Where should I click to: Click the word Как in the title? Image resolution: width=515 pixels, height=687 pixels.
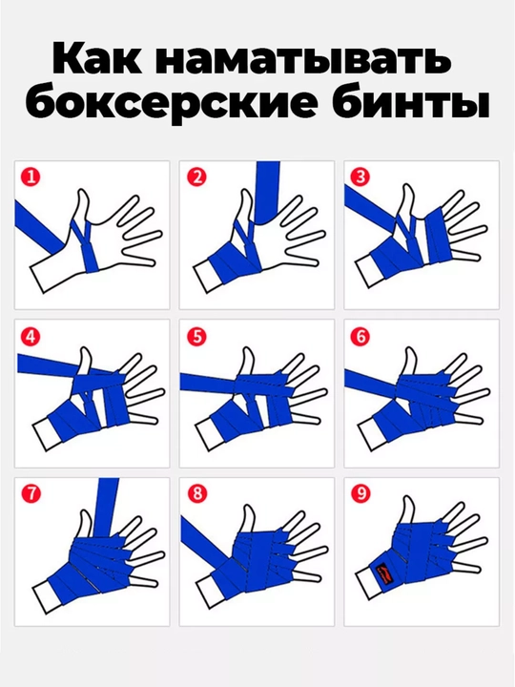pyautogui.click(x=96, y=59)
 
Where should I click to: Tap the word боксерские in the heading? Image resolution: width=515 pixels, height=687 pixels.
pyautogui.click(x=172, y=103)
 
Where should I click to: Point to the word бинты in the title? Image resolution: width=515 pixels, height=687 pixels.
pyautogui.click(x=410, y=102)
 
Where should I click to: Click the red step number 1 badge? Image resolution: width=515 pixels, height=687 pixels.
pyautogui.click(x=31, y=177)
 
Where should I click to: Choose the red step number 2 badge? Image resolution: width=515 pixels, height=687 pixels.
pyautogui.click(x=196, y=177)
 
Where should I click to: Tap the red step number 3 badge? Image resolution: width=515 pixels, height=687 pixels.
pyautogui.click(x=360, y=177)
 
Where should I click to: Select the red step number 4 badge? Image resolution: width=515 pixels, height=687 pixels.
pyautogui.click(x=31, y=337)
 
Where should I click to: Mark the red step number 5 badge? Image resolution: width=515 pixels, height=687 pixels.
pyautogui.click(x=196, y=337)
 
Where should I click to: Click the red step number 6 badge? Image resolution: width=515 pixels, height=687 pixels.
pyautogui.click(x=360, y=337)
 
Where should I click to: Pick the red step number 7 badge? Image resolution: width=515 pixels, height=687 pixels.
pyautogui.click(x=31, y=494)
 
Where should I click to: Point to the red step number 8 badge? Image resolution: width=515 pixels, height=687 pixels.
pyautogui.click(x=196, y=494)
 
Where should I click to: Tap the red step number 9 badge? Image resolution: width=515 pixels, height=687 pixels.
pyautogui.click(x=360, y=494)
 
